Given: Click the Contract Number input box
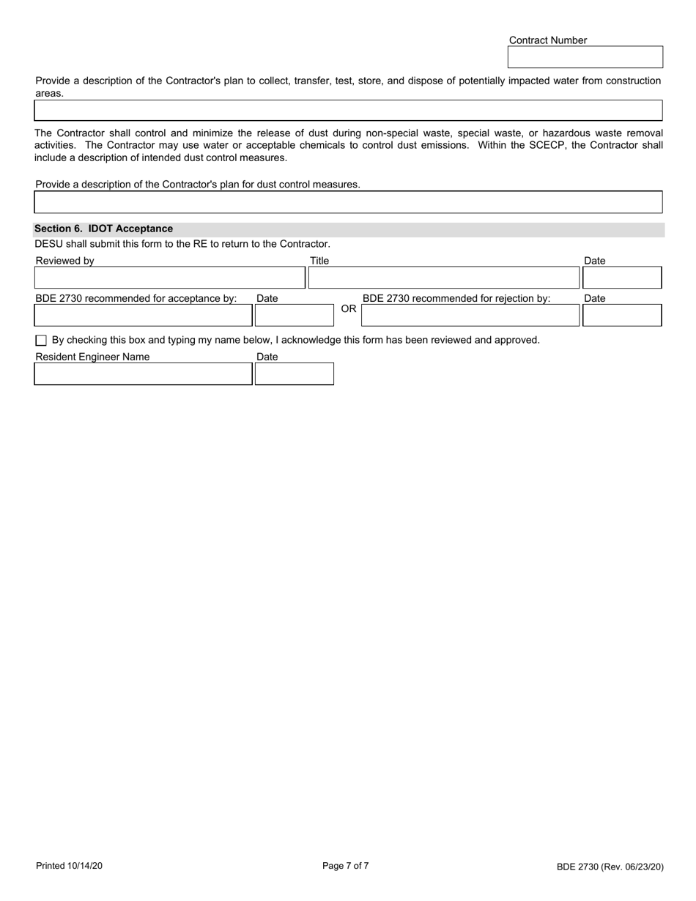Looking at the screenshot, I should point(585,57).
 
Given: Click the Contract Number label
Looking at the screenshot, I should point(547,40).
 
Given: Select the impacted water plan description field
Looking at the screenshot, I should point(348,111).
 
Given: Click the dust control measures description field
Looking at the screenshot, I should point(348,202).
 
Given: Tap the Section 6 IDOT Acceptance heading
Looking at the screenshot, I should point(103,229).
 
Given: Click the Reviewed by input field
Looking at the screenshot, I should point(169,278).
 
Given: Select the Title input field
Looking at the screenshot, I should point(443,278).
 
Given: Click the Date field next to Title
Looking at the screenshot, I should point(621,278).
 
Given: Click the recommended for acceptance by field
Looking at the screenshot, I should point(143,315).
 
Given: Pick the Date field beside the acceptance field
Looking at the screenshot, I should point(284,315).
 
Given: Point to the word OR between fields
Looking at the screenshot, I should point(349,309).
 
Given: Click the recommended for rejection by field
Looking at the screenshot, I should point(470,315).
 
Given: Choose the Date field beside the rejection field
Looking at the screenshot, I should point(621,315).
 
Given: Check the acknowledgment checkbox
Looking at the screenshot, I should point(41,341).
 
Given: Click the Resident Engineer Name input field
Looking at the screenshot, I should point(143,374).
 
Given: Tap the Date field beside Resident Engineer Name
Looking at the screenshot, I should point(294,374).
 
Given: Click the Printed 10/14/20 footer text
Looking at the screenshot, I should point(69,867).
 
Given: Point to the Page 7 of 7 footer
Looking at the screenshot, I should point(346,866).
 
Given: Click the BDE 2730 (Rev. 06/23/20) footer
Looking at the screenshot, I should point(610,867).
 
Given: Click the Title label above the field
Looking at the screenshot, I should point(319,261).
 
